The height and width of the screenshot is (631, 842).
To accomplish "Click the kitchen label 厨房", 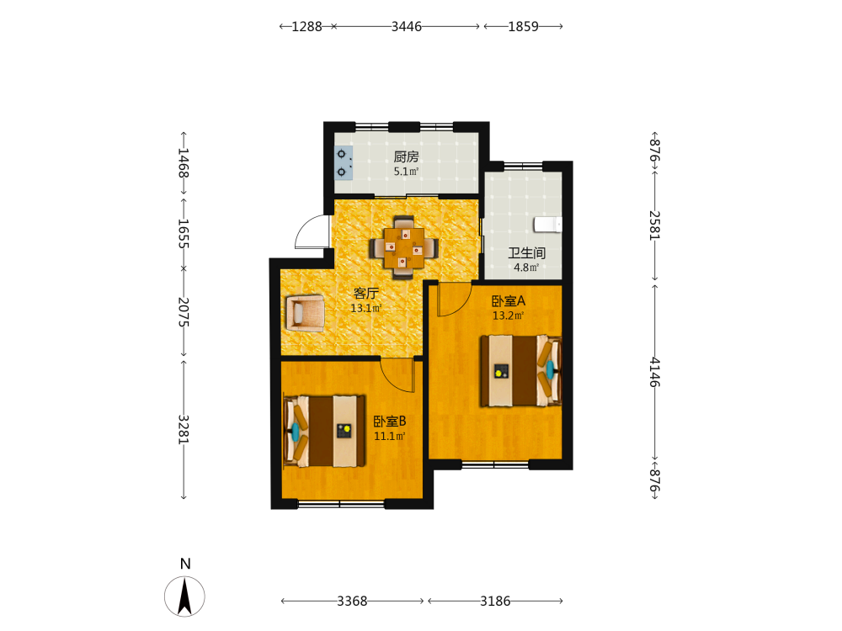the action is [x=406, y=156].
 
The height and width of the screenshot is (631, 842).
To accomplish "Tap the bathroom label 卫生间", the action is [x=527, y=252].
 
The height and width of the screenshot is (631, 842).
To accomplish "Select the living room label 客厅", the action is [x=366, y=293].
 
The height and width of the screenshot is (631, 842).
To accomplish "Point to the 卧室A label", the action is [x=509, y=301].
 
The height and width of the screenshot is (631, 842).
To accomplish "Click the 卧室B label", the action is [x=390, y=422].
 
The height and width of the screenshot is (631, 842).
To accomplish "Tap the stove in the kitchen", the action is [x=344, y=162].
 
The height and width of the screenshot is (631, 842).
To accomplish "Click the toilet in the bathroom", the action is [x=548, y=225].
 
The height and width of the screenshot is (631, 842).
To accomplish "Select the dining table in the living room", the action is [x=404, y=248].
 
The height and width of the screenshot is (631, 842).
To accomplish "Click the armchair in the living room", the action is [x=305, y=313].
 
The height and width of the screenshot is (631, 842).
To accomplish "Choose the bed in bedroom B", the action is [x=324, y=432].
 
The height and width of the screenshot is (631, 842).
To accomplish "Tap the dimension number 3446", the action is [x=407, y=26].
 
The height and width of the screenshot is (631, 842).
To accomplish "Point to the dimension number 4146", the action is [x=654, y=372].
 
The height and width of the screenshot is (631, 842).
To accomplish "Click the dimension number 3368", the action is [x=352, y=601].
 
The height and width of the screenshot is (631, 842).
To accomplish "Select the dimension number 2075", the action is [x=184, y=312].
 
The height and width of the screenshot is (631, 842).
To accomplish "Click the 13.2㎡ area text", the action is [x=508, y=315].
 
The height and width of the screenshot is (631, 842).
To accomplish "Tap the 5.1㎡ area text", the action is [x=406, y=172].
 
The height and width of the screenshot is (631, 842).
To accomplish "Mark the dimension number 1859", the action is [x=524, y=26].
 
